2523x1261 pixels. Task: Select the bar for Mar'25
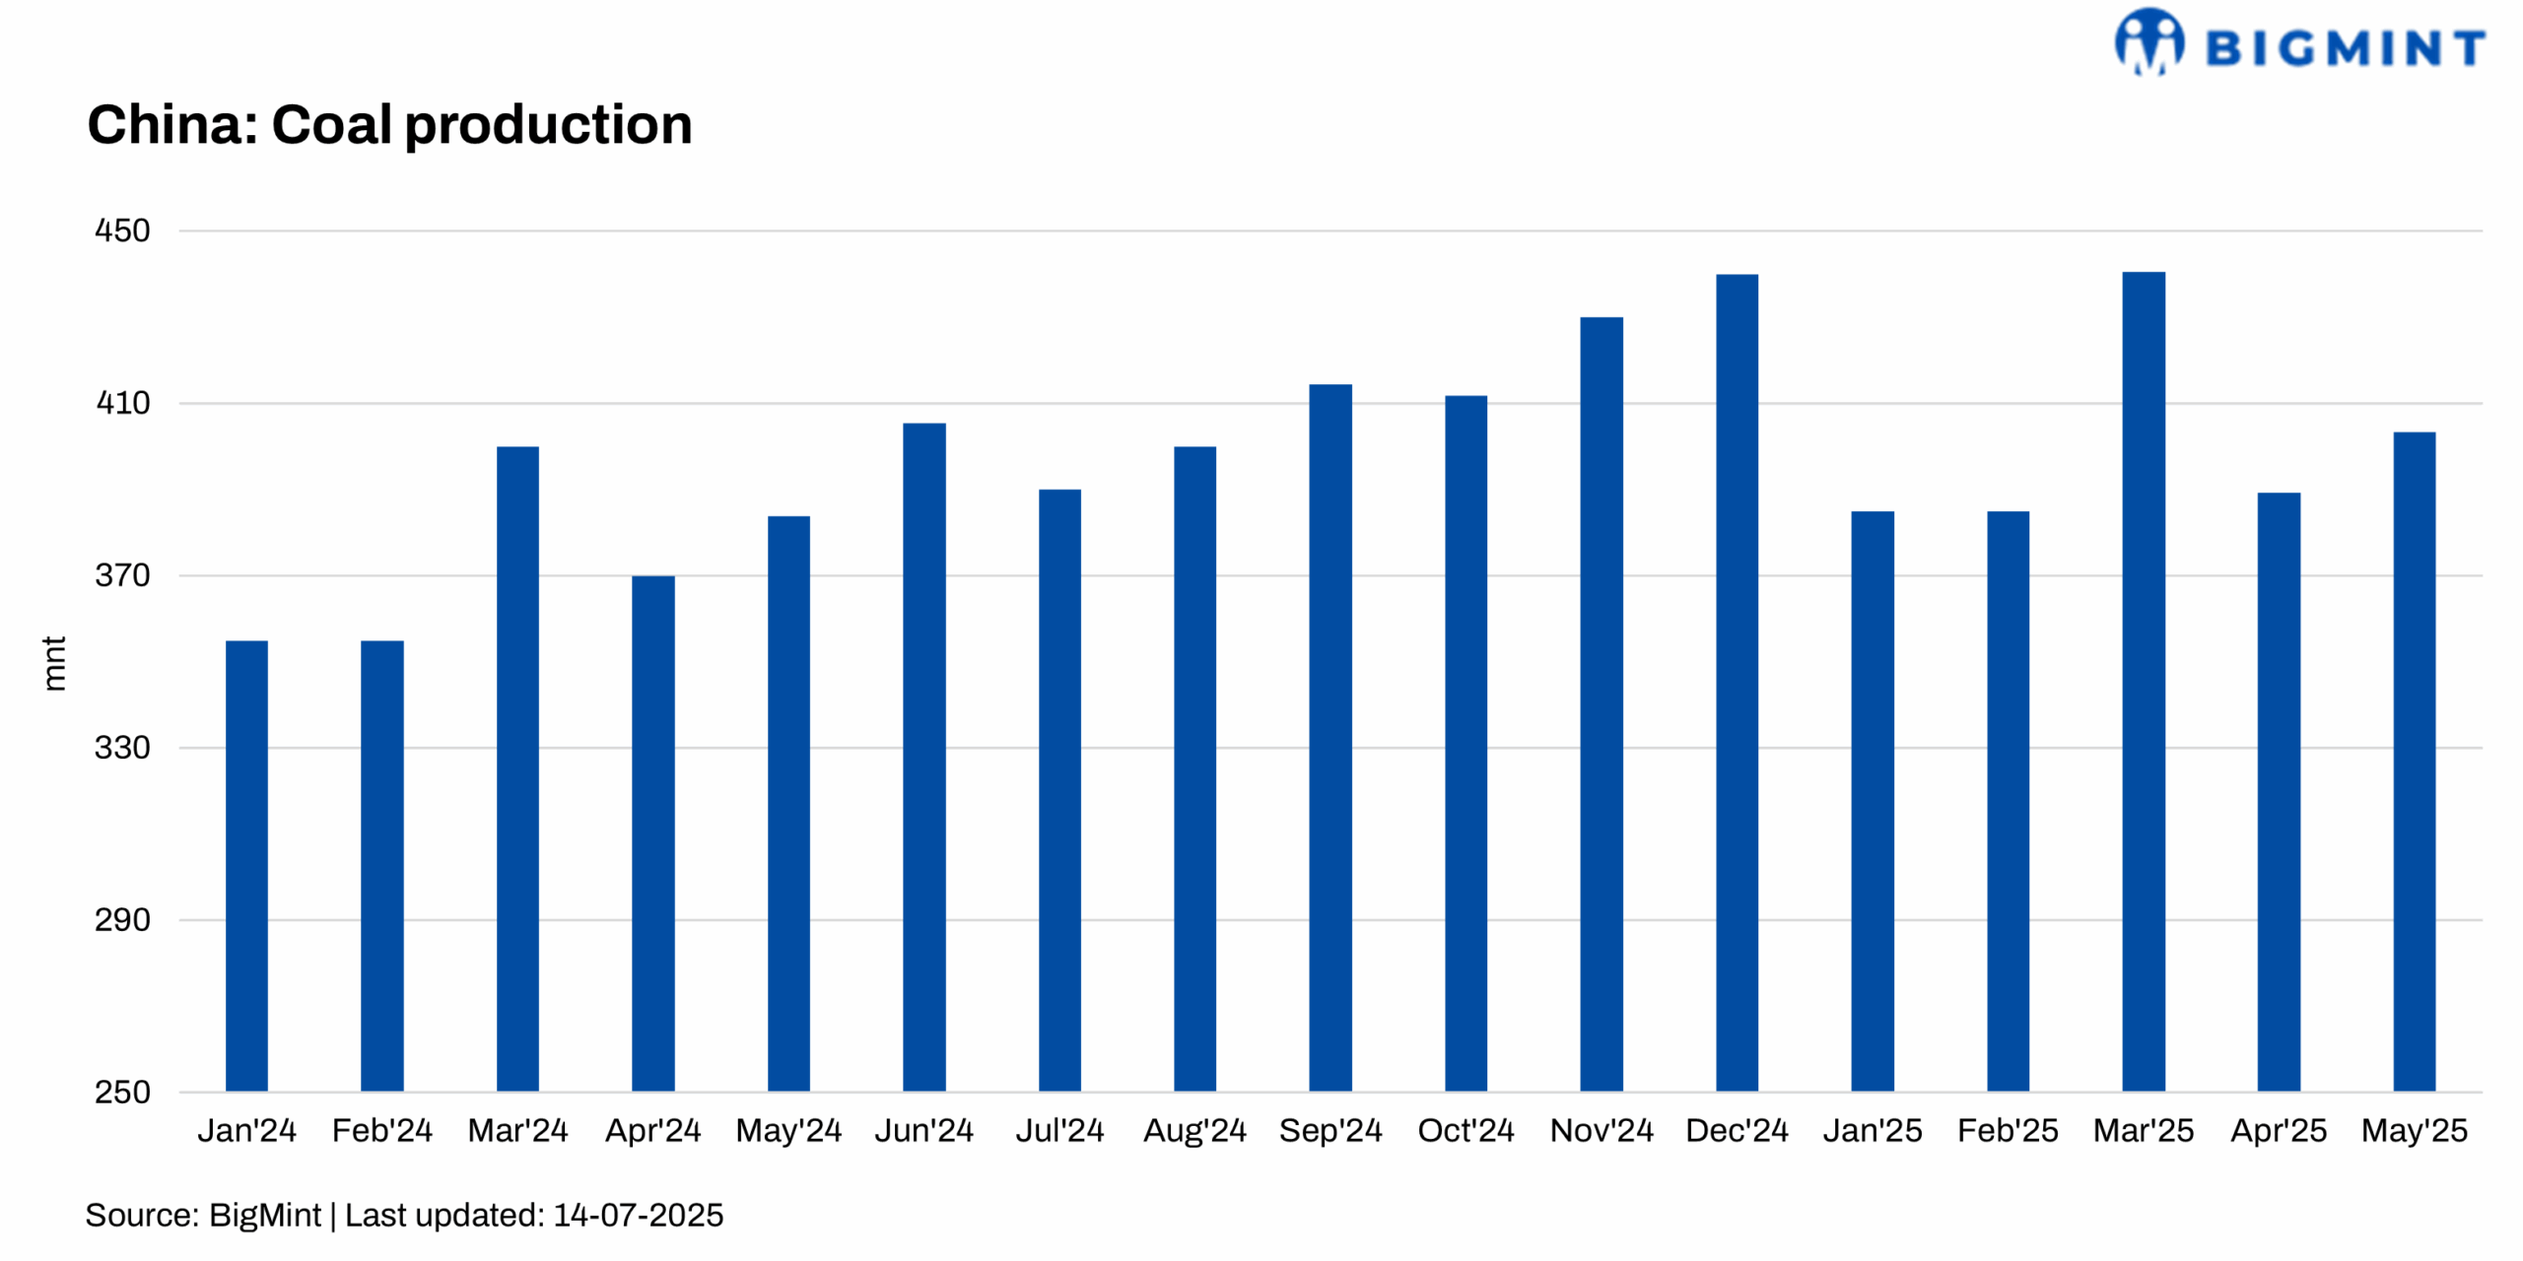[x=2143, y=680]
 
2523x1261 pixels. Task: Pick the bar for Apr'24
[x=652, y=832]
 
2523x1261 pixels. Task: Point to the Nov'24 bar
[x=1601, y=703]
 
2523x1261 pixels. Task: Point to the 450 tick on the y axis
[x=122, y=231]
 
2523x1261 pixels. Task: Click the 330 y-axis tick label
[x=122, y=748]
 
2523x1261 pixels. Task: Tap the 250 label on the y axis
[x=122, y=1092]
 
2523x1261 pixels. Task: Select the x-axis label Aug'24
[x=1194, y=1130]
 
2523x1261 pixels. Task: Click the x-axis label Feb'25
[x=2008, y=1130]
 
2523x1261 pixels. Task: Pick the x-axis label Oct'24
[x=1466, y=1130]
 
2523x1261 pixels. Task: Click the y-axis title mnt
[x=54, y=663]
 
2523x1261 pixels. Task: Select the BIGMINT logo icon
[x=2148, y=41]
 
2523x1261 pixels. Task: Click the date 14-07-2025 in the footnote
[x=638, y=1215]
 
